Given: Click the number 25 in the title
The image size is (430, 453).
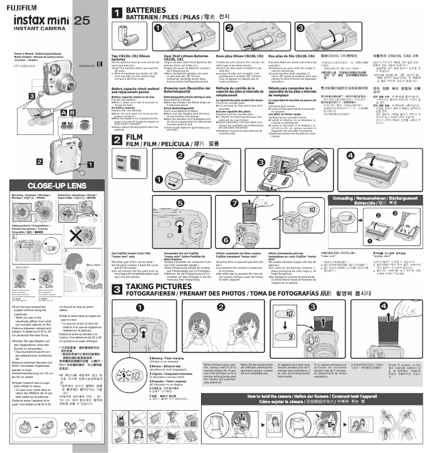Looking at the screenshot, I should tap(81, 21).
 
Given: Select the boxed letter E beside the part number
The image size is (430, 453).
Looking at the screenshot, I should tap(100, 63).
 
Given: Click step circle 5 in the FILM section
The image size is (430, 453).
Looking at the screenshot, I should tap(180, 203).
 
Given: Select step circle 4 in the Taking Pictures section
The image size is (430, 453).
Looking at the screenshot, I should tap(383, 306).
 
